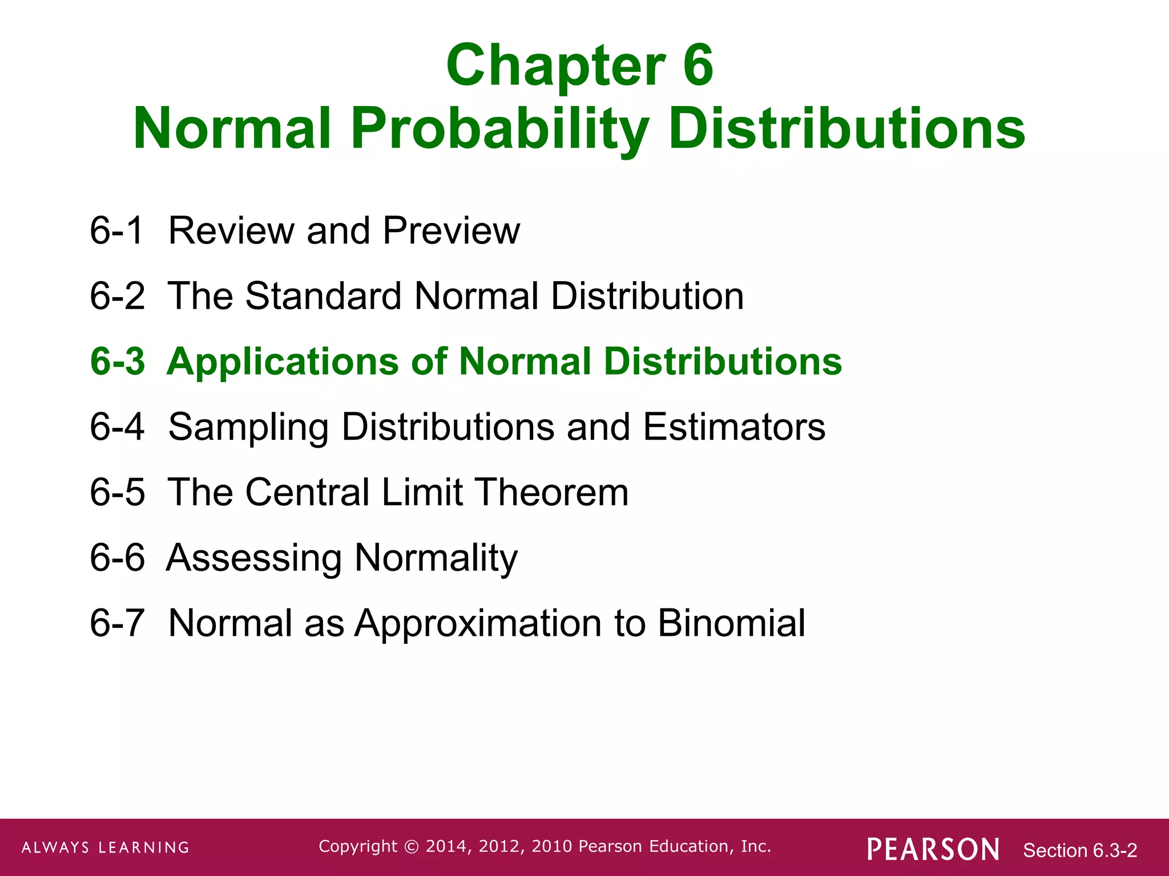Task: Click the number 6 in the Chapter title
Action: point(698,66)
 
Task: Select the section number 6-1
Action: point(116,230)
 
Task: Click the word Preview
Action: point(451,230)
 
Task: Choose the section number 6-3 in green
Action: point(118,362)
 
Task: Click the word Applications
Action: point(283,363)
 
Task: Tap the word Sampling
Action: point(248,428)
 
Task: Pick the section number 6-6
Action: point(117,557)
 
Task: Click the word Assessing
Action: point(255,558)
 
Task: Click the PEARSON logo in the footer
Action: point(933,849)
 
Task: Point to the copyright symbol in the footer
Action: point(411,846)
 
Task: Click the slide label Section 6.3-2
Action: point(1080,850)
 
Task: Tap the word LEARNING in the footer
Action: point(143,847)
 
